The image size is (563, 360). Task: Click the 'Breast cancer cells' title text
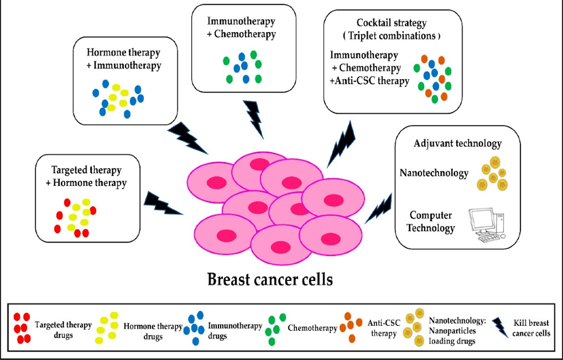click(x=269, y=279)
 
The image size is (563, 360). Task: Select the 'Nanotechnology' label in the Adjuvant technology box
click(x=434, y=173)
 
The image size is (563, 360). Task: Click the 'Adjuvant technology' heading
click(x=458, y=143)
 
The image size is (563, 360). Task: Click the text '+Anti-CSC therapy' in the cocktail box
click(x=370, y=81)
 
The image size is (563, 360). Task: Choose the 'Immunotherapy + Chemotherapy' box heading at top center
click(x=241, y=28)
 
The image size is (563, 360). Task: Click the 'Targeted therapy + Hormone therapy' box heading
click(x=86, y=176)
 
